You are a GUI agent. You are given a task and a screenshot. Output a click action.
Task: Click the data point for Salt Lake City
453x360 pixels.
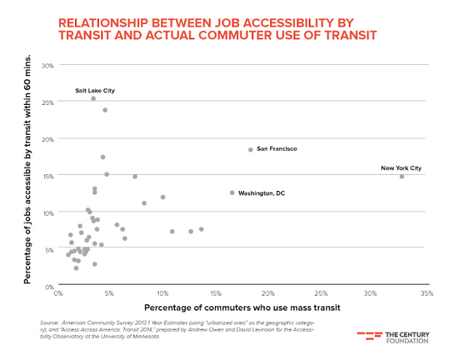(x=93, y=98)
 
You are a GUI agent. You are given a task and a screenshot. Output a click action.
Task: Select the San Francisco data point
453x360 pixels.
(x=251, y=149)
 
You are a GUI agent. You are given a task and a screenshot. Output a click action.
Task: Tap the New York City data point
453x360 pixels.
(x=402, y=176)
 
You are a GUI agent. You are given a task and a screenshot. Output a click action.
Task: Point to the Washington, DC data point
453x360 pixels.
(x=232, y=193)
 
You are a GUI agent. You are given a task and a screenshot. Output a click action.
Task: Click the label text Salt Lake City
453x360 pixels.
(x=95, y=90)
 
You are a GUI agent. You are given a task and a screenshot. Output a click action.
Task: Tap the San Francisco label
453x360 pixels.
(x=277, y=149)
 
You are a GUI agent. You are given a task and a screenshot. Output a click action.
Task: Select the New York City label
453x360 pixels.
(x=401, y=168)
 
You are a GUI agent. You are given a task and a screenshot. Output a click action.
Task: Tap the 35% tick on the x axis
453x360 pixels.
(x=426, y=293)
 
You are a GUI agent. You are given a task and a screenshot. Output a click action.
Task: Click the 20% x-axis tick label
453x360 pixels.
(x=267, y=293)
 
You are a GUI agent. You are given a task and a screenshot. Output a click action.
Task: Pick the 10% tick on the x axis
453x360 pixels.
(x=162, y=293)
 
